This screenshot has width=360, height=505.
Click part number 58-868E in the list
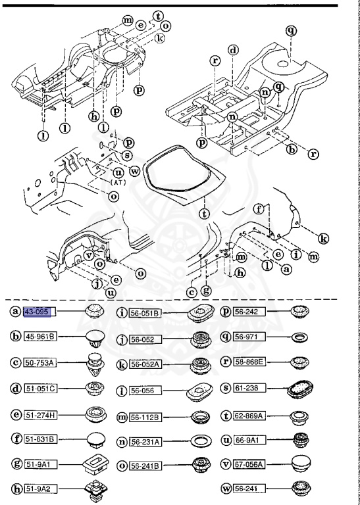pyautogui.click(x=250, y=361)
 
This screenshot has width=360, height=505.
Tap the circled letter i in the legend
pyautogui.click(x=121, y=312)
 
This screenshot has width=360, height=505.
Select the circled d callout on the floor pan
pyautogui.click(x=233, y=50)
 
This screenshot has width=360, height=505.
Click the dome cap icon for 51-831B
pyautogui.click(x=95, y=439)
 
